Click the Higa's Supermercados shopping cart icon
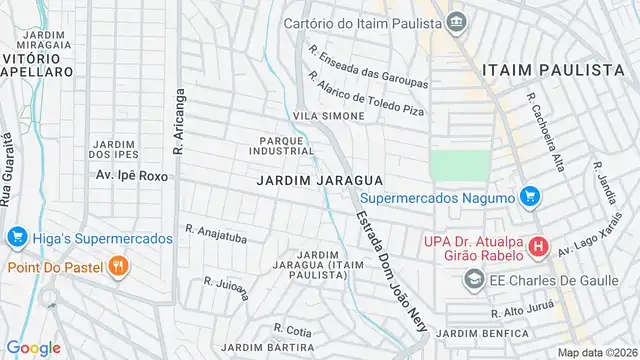tap(15, 238)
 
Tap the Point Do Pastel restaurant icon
tap(118, 266)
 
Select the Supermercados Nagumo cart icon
tap(531, 197)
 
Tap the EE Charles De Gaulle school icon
tap(470, 281)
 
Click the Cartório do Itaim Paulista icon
tap(457, 21)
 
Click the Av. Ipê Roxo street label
tap(130, 175)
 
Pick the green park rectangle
tap(461, 165)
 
